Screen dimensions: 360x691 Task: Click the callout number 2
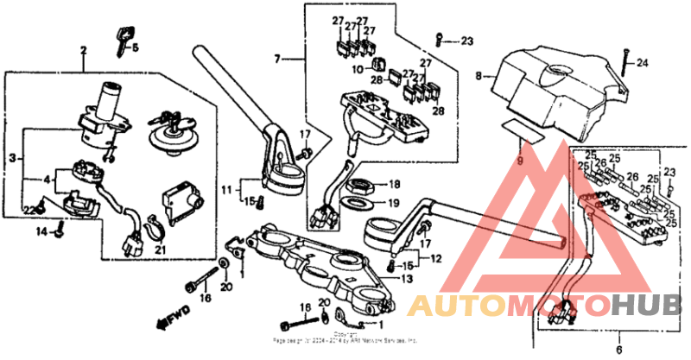pyautogui.click(x=84, y=50)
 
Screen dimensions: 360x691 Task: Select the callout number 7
pyautogui.click(x=277, y=59)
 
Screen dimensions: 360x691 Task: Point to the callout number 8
pyautogui.click(x=478, y=77)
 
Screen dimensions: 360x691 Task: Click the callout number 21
pyautogui.click(x=160, y=250)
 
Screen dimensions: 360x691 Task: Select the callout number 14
pyautogui.click(x=40, y=231)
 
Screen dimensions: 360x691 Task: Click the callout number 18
pyautogui.click(x=394, y=185)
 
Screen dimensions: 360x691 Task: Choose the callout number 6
pyautogui.click(x=618, y=349)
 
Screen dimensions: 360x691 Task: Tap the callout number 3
pyautogui.click(x=13, y=157)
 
